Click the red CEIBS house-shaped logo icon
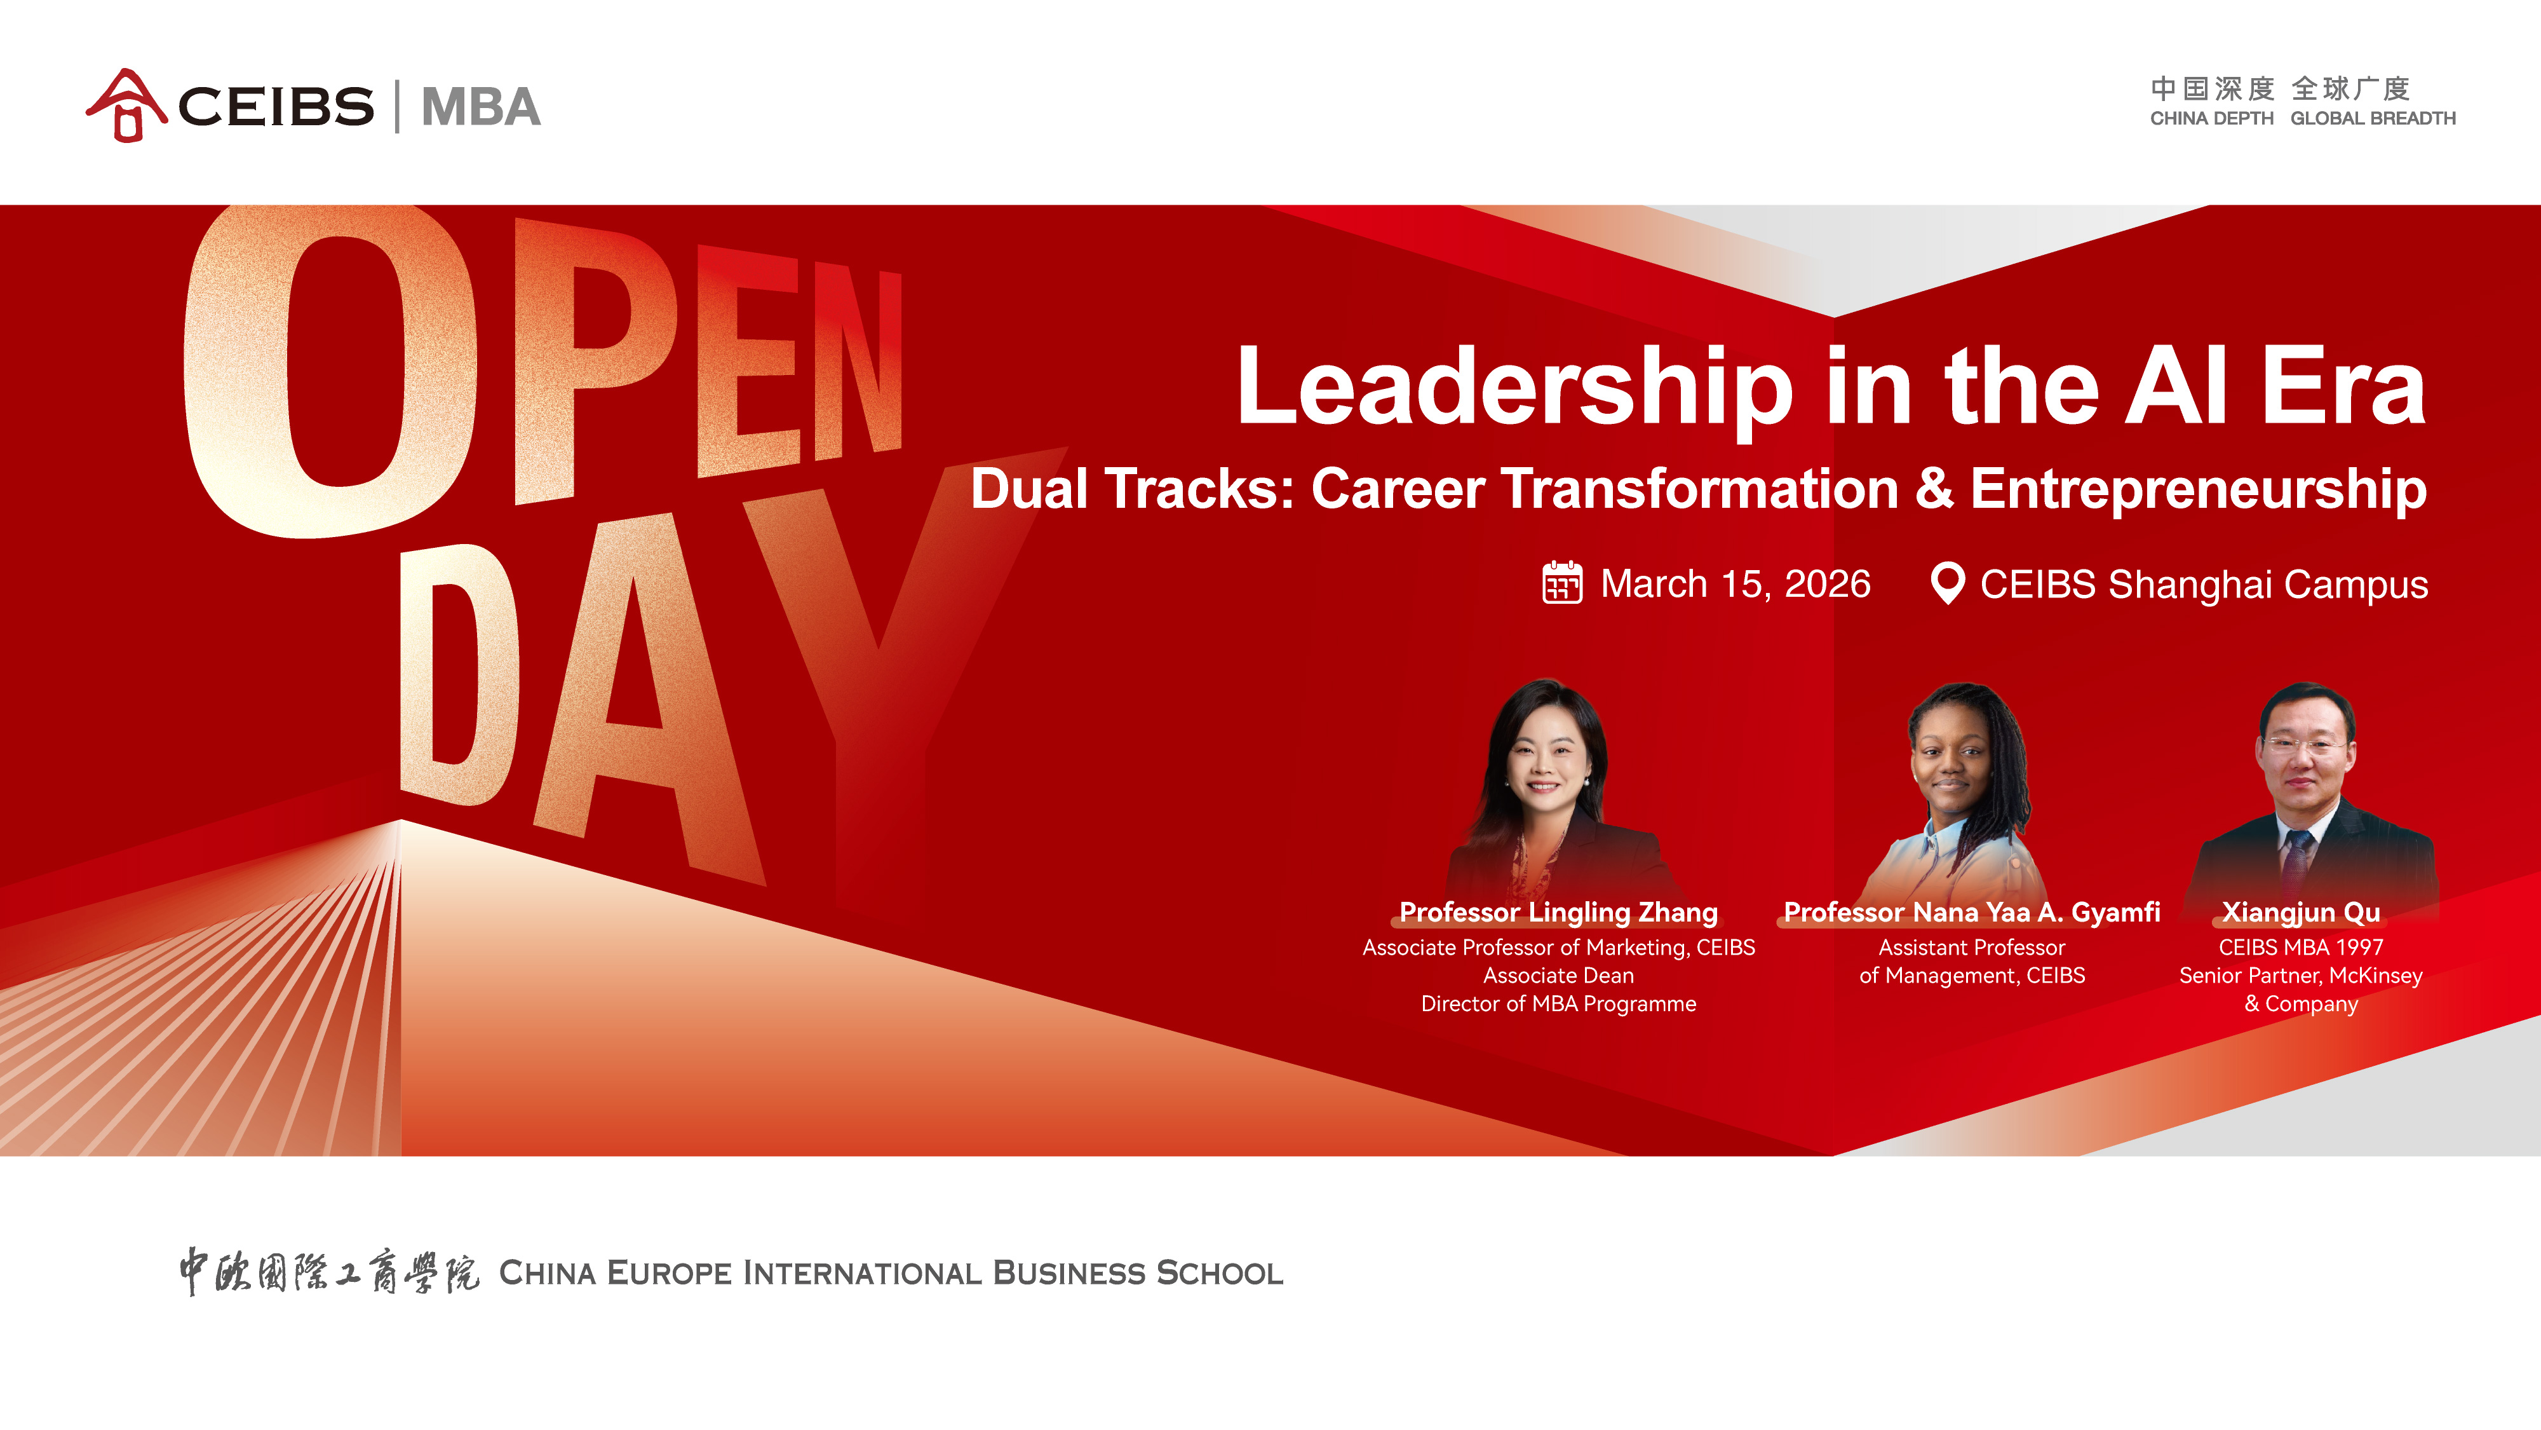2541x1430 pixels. (x=126, y=106)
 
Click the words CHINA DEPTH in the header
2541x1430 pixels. (x=2211, y=118)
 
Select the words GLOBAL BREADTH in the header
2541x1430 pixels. (x=2372, y=118)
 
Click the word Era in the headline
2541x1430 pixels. (x=2343, y=387)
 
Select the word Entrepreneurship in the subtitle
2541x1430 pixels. (x=2199, y=491)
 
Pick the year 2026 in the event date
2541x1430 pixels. (x=1828, y=583)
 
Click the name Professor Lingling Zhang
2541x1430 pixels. (x=1558, y=912)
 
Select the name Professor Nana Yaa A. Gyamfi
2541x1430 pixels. (x=1972, y=912)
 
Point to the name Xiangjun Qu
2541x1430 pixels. (x=2302, y=912)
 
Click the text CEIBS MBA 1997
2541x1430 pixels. (x=2302, y=948)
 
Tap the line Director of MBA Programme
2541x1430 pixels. (x=1558, y=1004)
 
